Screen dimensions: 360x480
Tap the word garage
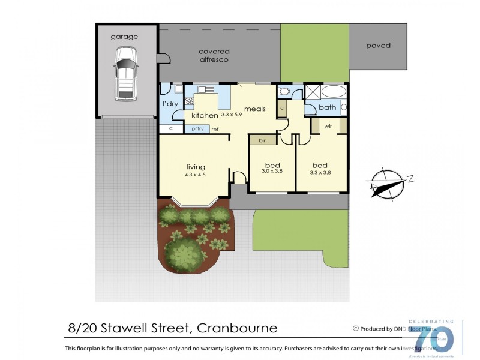click(x=124, y=37)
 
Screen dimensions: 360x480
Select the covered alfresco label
click(x=214, y=55)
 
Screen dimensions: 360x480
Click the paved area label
click(x=378, y=46)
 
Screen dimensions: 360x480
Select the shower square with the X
click(x=312, y=92)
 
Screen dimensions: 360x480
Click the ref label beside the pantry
click(x=214, y=129)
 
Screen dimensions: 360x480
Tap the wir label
click(x=328, y=127)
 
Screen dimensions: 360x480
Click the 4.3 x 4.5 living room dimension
click(x=196, y=175)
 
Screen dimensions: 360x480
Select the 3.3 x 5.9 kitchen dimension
click(x=231, y=114)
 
